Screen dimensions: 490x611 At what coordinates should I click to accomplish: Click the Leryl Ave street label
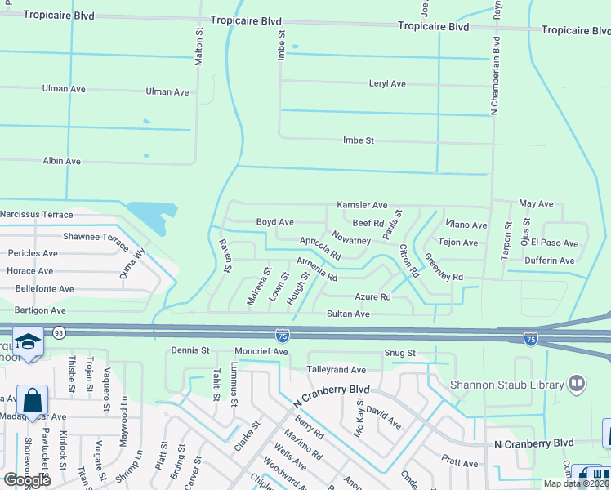pyautogui.click(x=387, y=84)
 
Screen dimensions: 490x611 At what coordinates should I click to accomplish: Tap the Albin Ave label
pyautogui.click(x=61, y=162)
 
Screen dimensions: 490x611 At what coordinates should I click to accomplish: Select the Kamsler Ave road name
pyautogui.click(x=362, y=205)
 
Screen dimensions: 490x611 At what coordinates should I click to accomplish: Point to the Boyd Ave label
pyautogui.click(x=275, y=222)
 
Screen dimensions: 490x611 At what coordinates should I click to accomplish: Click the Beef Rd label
pyautogui.click(x=368, y=223)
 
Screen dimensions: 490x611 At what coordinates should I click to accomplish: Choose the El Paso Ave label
pyautogui.click(x=554, y=243)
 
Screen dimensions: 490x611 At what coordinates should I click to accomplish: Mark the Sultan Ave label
pyautogui.click(x=348, y=314)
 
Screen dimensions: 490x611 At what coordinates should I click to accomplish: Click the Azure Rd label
pyautogui.click(x=372, y=297)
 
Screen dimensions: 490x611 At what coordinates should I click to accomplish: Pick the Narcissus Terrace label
pyautogui.click(x=37, y=214)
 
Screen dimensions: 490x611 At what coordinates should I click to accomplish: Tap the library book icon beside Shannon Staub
pyautogui.click(x=577, y=382)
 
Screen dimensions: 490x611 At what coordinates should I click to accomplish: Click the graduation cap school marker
pyautogui.click(x=28, y=341)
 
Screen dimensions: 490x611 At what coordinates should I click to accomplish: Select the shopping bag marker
pyautogui.click(x=32, y=401)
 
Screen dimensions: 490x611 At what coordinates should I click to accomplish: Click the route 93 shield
pyautogui.click(x=59, y=333)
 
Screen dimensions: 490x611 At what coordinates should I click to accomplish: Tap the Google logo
pyautogui.click(x=27, y=480)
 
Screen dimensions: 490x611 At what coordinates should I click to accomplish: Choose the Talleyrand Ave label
pyautogui.click(x=336, y=370)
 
